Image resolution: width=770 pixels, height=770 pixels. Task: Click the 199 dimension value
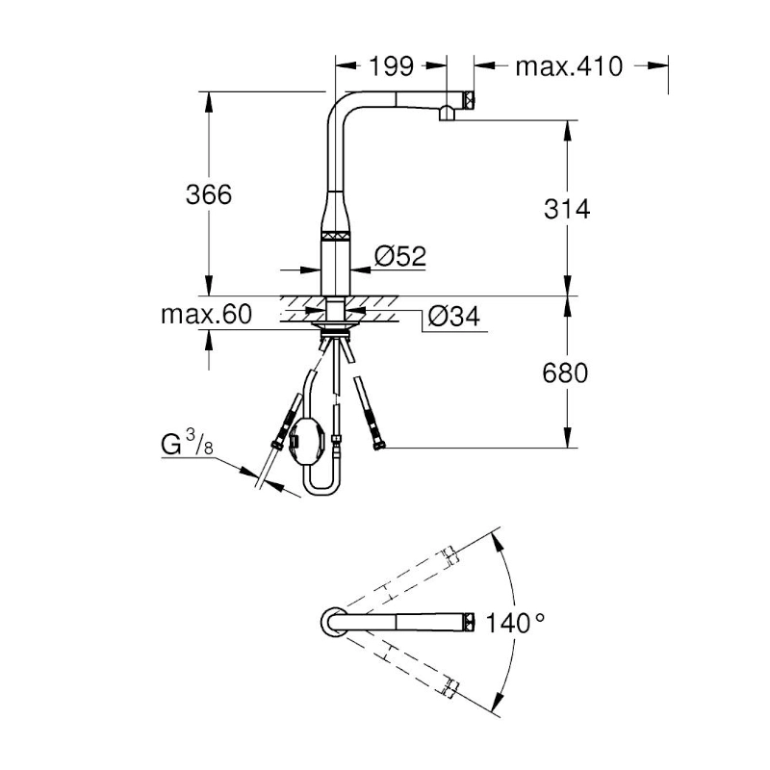pos(391,65)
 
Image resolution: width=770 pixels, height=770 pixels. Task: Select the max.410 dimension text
pos(570,65)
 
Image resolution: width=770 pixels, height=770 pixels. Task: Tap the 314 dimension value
pos(566,208)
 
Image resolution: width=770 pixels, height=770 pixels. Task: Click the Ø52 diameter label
pos(399,256)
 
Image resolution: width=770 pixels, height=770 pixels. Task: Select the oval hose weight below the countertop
pos(305,441)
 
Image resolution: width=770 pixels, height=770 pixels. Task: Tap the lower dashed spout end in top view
pos(449,688)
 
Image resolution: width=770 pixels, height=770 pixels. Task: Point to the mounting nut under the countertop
pos(334,337)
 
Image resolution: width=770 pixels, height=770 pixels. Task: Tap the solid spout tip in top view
pos(469,622)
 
